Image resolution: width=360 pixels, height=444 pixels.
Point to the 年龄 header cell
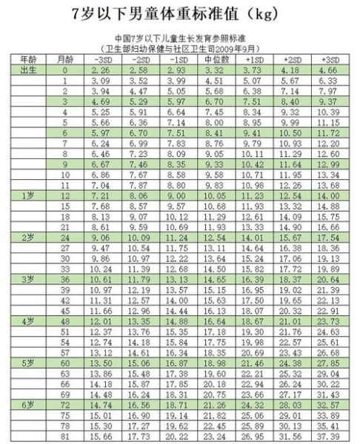[x=27, y=58]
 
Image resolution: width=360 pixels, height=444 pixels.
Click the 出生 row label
[x=27, y=70]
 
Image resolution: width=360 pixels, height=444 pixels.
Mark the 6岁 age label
[x=27, y=406]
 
